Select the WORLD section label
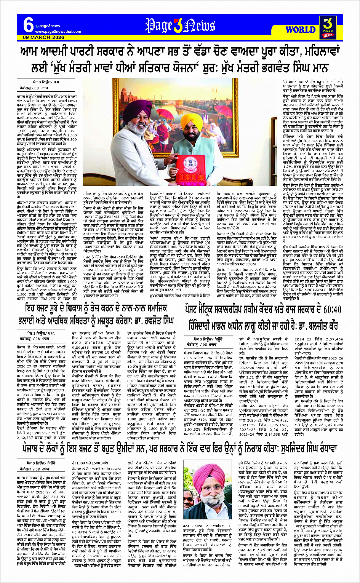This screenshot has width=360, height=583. (300, 29)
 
